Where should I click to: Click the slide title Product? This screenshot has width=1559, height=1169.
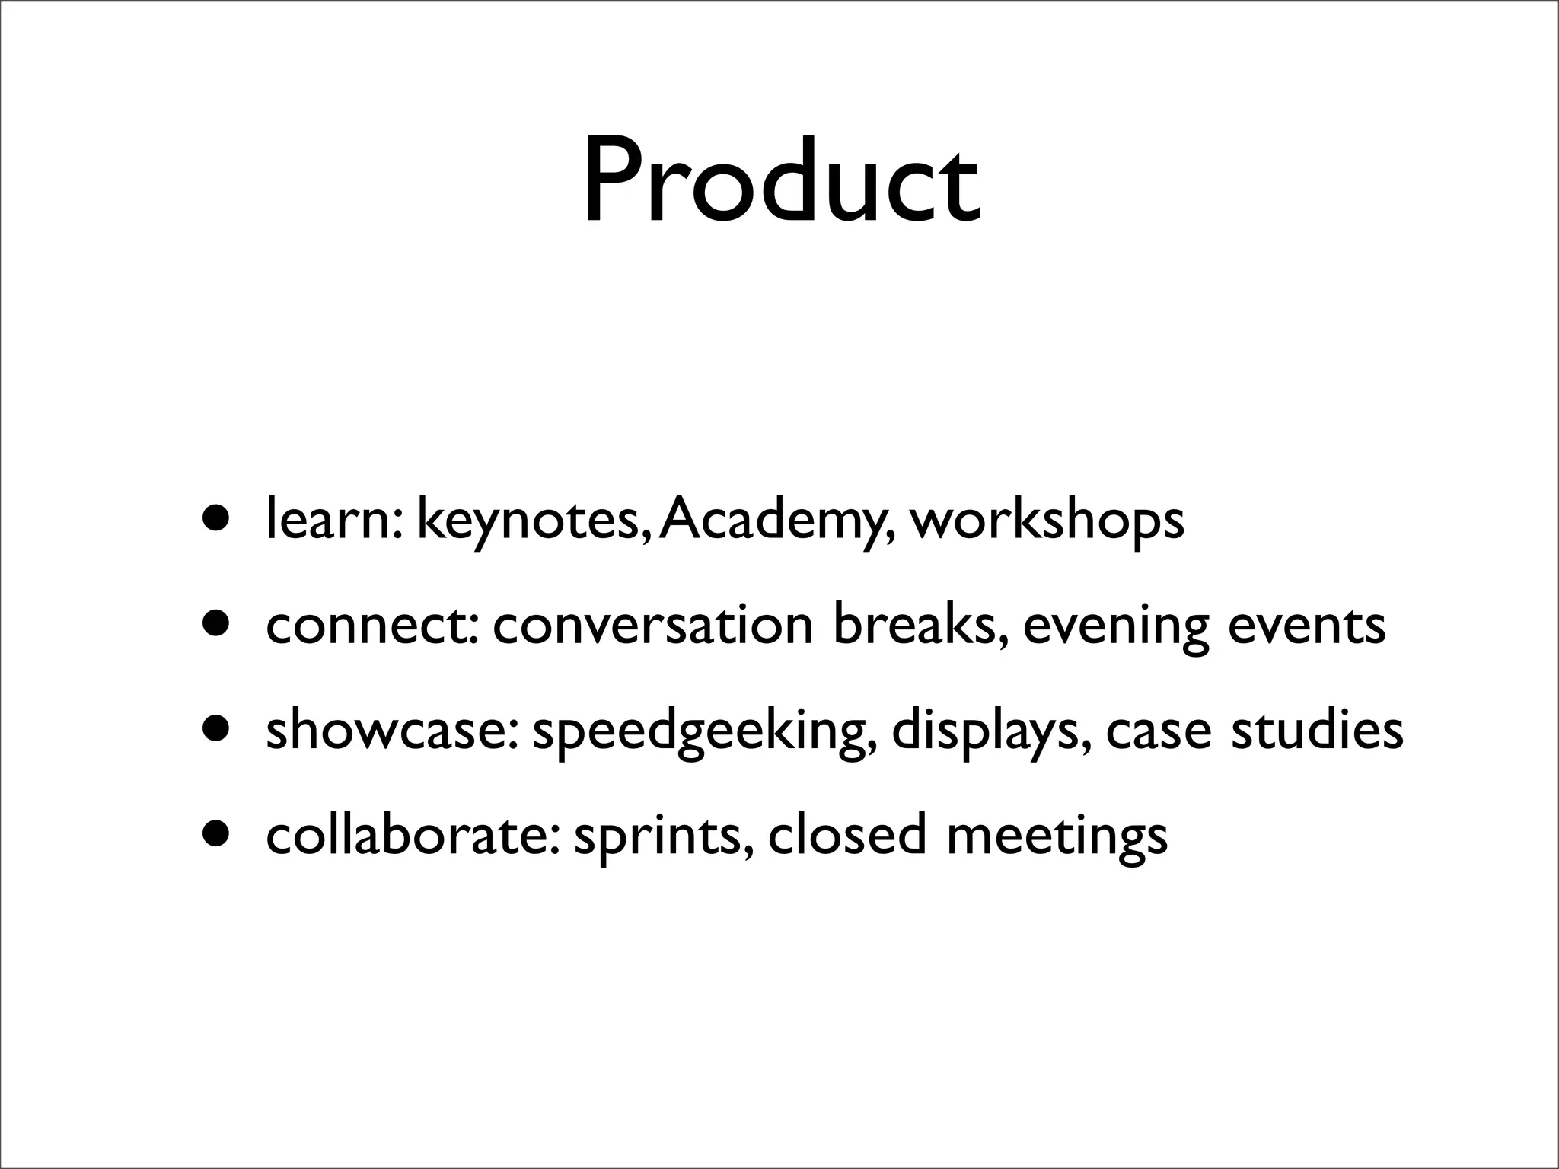pos(781,183)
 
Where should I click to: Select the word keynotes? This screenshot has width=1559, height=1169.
pos(533,521)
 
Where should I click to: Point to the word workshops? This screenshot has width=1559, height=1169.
pos(1047,521)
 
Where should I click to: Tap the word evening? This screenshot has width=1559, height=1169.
pos(1115,628)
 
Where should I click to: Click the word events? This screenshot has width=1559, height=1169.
pos(1307,625)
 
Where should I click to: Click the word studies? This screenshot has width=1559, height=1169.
pos(1317,730)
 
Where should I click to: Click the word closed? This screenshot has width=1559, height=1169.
pos(847,835)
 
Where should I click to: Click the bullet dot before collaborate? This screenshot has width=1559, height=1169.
pos(215,834)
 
